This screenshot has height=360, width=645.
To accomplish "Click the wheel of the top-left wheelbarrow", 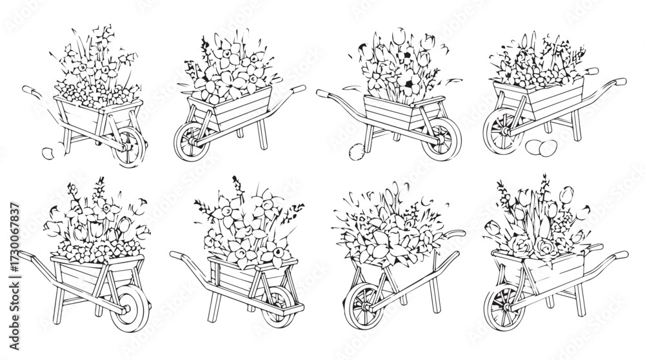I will [x=132, y=147].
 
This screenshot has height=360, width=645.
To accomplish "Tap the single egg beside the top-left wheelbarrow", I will [x=48, y=153].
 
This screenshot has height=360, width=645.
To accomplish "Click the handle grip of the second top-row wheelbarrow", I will [x=299, y=88].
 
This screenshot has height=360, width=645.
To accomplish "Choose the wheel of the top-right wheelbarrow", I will [x=501, y=131].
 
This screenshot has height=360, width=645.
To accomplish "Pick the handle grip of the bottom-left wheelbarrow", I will [x=23, y=256].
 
